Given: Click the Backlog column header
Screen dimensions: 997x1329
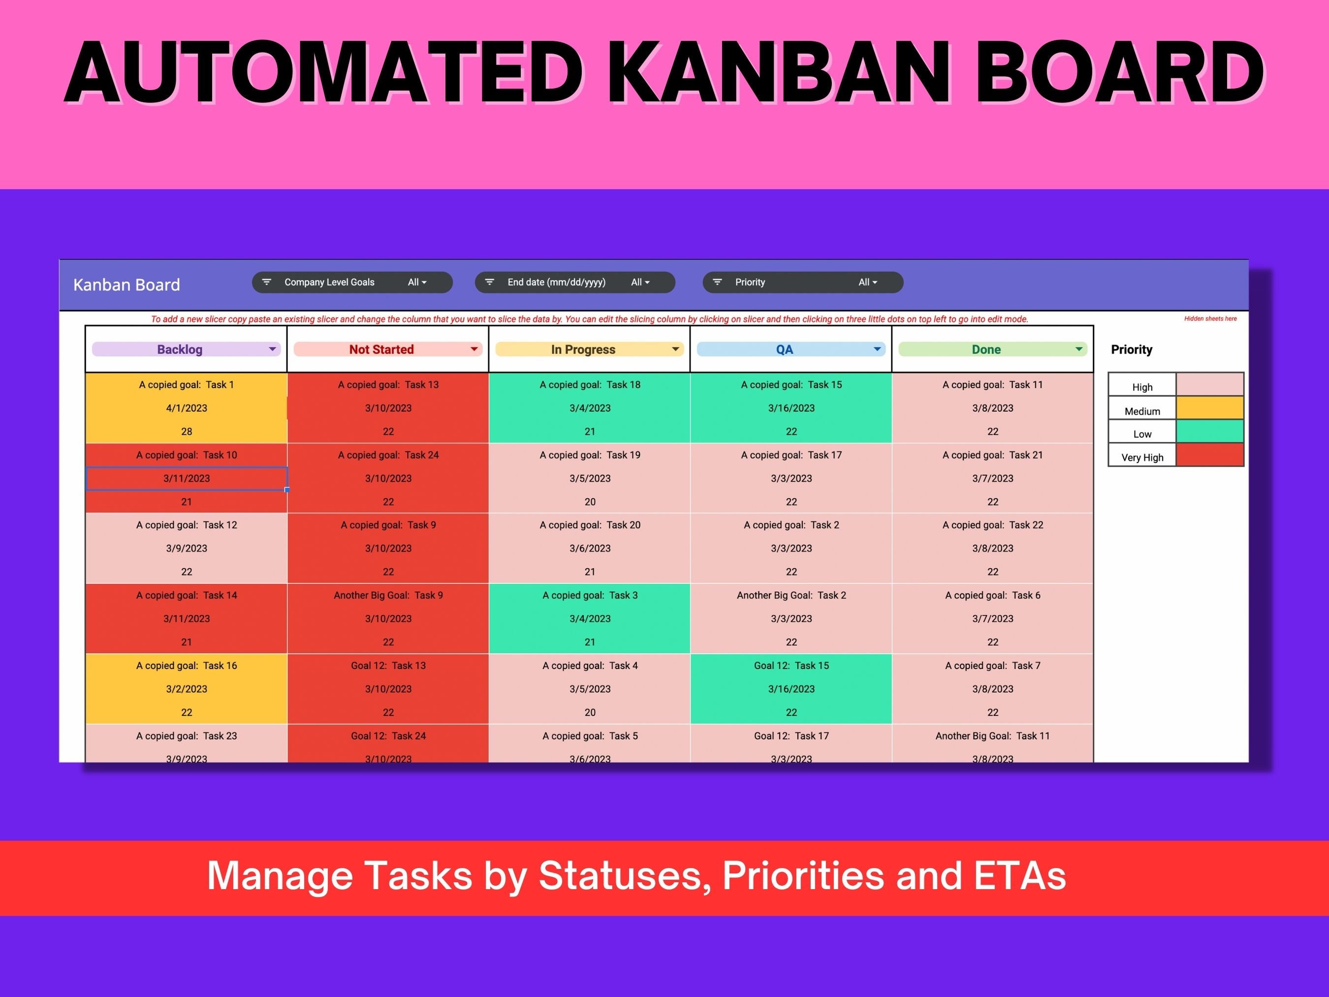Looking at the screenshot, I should click(180, 349).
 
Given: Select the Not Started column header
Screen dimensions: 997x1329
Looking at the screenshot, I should click(381, 349).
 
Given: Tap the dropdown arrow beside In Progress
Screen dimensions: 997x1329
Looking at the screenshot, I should click(675, 349).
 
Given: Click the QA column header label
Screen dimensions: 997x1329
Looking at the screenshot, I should click(784, 349).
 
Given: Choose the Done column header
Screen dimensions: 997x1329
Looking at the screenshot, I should click(986, 349).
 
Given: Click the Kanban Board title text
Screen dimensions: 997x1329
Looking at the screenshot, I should click(127, 285).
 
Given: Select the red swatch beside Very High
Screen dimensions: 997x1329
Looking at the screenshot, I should click(1209, 455).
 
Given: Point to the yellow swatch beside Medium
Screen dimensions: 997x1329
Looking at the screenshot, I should click(1209, 408).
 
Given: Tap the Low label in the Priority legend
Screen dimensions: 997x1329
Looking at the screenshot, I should click(1142, 434).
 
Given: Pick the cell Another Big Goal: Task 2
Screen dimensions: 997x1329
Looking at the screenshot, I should click(791, 595).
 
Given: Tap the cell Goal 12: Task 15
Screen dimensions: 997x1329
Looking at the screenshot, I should click(791, 665).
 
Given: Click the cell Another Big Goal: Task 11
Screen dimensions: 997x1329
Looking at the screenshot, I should click(992, 736).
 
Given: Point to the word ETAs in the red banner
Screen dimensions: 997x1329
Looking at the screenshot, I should click(1019, 875).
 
